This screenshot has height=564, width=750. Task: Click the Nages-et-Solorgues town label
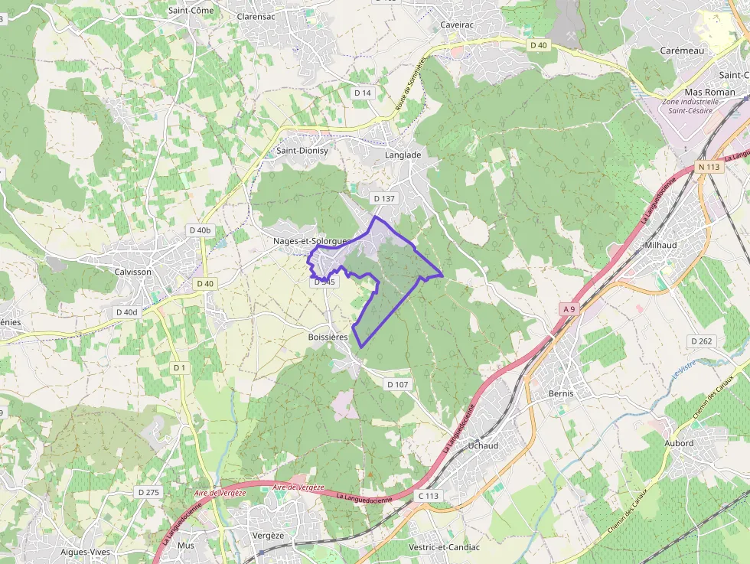pyautogui.click(x=311, y=241)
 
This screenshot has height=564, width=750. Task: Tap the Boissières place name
pyautogui.click(x=328, y=337)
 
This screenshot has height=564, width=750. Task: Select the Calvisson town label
pyautogui.click(x=132, y=272)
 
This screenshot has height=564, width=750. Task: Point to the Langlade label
pyautogui.click(x=403, y=155)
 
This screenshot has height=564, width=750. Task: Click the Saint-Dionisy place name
pyautogui.click(x=302, y=151)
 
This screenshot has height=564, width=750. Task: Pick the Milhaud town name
pyautogui.click(x=660, y=245)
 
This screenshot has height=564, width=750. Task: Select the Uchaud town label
pyautogui.click(x=483, y=445)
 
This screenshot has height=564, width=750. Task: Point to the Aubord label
pyautogui.click(x=679, y=443)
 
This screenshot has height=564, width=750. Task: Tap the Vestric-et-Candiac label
pyautogui.click(x=445, y=547)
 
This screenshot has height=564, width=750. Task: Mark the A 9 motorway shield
pyautogui.click(x=568, y=309)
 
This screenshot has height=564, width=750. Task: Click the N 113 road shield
pyautogui.click(x=709, y=145)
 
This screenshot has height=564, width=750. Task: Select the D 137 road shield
pyautogui.click(x=384, y=199)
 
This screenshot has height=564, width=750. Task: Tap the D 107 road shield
pyautogui.click(x=399, y=384)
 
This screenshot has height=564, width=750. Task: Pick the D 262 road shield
pyautogui.click(x=701, y=341)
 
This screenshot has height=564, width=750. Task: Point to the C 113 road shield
pyautogui.click(x=429, y=496)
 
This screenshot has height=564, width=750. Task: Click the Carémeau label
pyautogui.click(x=681, y=51)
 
